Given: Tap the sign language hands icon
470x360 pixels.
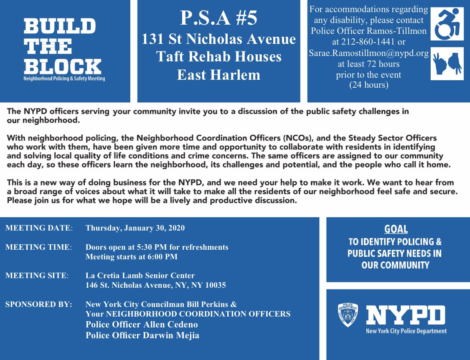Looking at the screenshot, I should [x=447, y=63].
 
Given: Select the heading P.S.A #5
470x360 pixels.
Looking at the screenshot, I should [x=218, y=18].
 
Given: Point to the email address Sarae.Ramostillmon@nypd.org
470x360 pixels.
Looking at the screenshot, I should [x=369, y=53].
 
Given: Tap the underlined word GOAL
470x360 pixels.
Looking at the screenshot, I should [x=396, y=229].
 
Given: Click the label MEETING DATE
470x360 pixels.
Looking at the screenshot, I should [x=38, y=228].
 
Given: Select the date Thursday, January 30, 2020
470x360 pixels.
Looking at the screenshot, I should [x=135, y=228].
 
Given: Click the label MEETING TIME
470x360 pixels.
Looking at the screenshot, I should [x=38, y=247].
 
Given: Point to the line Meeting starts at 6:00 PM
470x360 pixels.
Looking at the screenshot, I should [x=132, y=257].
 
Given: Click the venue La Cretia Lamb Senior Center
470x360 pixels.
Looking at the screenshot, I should [x=140, y=276].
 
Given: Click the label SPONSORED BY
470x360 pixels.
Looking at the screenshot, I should [x=38, y=304].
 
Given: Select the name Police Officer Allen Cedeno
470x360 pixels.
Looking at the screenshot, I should [x=142, y=325].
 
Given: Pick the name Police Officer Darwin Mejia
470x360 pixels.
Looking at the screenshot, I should [x=142, y=335].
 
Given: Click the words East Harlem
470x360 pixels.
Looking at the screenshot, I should [x=218, y=75].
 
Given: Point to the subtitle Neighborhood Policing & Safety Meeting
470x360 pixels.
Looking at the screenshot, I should [x=64, y=79].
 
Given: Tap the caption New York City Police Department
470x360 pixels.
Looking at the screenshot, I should [x=406, y=331].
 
